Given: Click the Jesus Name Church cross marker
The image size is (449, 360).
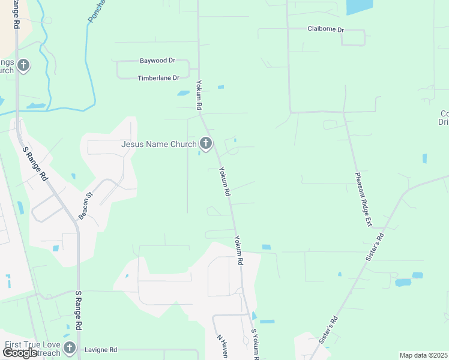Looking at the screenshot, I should (206, 143).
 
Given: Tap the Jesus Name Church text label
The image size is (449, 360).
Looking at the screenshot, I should (158, 144).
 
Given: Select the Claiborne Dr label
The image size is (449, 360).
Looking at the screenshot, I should (325, 29).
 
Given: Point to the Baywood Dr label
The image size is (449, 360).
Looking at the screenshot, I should (157, 61).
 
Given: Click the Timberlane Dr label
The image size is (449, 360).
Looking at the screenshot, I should (158, 78).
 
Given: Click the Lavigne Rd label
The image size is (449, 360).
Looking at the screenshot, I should (100, 350).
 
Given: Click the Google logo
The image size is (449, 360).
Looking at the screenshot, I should (20, 353).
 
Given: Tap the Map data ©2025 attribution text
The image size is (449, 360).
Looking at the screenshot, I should (423, 355).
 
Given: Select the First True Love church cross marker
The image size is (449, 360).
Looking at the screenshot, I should (70, 347).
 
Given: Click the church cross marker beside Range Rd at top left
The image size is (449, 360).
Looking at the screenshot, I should (23, 65).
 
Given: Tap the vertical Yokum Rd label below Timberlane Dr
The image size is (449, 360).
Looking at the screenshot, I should (199, 94).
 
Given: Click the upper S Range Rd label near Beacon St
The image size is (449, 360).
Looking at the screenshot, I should (35, 164).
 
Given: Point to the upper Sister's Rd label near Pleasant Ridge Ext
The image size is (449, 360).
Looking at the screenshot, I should (374, 245).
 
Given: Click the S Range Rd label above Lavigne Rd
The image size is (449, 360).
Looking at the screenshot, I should (78, 310).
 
